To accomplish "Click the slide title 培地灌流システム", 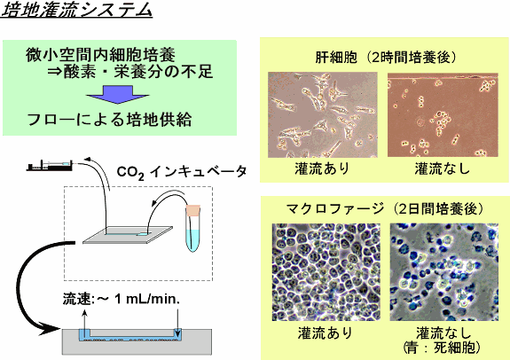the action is click(x=77, y=11).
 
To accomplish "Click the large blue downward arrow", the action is click(x=118, y=94).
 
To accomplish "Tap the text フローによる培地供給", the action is click(x=109, y=120).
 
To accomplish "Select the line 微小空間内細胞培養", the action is click(x=100, y=55).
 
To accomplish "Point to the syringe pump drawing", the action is click(x=50, y=166).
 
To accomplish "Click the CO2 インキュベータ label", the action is click(x=182, y=172).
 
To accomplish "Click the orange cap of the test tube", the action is click(x=192, y=210).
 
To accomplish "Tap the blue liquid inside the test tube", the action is click(x=192, y=240).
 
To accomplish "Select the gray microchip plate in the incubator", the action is click(x=128, y=234).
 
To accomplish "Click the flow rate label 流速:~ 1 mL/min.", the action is click(x=122, y=299).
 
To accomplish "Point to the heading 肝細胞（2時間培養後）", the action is click(x=386, y=58).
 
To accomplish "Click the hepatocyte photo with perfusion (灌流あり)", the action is click(x=323, y=114).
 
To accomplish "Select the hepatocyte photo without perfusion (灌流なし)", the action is click(x=443, y=114).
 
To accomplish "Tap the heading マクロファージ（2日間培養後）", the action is click(x=385, y=208).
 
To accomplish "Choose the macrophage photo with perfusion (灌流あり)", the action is click(x=326, y=272).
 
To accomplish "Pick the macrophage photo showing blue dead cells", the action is click(x=444, y=272).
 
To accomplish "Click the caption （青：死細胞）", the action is click(x=442, y=348).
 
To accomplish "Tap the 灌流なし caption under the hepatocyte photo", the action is click(x=443, y=168).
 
